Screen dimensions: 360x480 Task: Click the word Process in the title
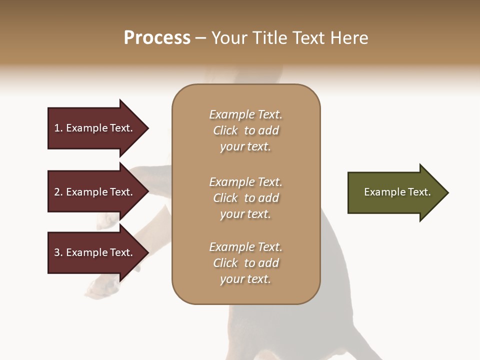click(157, 38)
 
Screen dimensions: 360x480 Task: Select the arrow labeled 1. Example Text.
click(95, 128)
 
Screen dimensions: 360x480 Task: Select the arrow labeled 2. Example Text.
click(95, 192)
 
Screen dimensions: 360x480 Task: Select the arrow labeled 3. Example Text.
click(95, 252)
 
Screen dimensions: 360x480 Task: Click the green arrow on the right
click(395, 192)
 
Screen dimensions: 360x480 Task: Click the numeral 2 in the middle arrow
click(57, 192)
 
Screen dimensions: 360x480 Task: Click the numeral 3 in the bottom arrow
click(57, 252)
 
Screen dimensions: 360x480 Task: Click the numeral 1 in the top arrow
click(57, 128)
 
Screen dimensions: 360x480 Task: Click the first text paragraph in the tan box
click(245, 130)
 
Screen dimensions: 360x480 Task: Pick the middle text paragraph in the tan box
click(245, 198)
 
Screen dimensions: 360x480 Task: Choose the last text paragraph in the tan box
click(245, 263)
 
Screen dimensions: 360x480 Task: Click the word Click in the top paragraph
click(225, 130)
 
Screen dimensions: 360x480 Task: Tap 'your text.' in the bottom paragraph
click(245, 279)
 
